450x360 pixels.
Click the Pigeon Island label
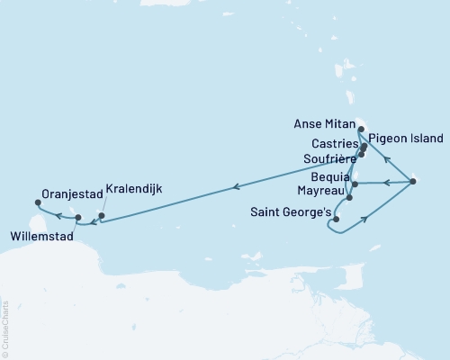pyautogui.click(x=406, y=139)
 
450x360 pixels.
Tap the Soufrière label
pyautogui.click(x=328, y=159)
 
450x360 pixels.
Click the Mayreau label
pyautogui.click(x=320, y=192)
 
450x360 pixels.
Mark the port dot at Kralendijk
pyautogui.click(x=102, y=215)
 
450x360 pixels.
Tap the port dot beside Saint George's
pyautogui.click(x=336, y=219)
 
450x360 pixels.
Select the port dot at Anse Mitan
pyautogui.click(x=361, y=129)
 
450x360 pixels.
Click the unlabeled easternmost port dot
pyautogui.click(x=412, y=182)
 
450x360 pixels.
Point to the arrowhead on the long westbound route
pyautogui.click(x=236, y=187)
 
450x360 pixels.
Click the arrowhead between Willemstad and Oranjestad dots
pyautogui.click(x=58, y=215)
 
